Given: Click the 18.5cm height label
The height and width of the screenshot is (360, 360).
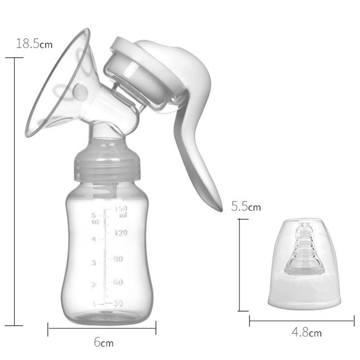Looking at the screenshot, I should coord(34,44).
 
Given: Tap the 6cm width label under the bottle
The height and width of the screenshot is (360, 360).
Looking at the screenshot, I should coord(103,343).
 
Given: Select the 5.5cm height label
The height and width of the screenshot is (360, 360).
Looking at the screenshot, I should coord(246,207).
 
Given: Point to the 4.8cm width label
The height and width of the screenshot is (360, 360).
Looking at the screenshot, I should coord(306,333).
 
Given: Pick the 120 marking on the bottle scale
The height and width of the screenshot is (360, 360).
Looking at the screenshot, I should coord(121,233).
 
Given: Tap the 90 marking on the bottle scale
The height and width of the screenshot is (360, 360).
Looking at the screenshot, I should coord(118,259).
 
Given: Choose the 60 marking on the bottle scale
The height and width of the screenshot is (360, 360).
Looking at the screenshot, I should coord(118,282).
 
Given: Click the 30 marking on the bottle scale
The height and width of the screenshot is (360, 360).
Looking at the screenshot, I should coord(118,303).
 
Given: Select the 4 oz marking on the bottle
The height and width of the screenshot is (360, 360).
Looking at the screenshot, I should coord(93,239).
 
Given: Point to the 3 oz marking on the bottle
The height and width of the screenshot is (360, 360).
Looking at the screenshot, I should coord(93,262).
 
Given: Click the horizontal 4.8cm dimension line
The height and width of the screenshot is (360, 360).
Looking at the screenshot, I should coord(304,320).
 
